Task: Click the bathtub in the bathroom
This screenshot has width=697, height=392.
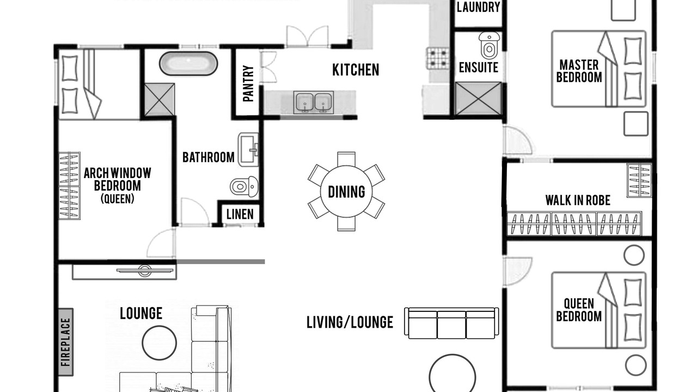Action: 188,64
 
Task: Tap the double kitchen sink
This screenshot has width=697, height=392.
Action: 313,102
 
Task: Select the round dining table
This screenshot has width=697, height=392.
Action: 346,191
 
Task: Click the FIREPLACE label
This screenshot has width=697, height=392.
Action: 66,342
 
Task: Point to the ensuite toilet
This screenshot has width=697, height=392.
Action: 489,45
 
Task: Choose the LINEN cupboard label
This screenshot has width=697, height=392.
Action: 240,215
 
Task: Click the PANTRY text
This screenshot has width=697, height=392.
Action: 248,83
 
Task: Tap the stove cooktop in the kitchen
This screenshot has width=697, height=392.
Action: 438,58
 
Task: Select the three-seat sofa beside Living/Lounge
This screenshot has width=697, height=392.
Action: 451,323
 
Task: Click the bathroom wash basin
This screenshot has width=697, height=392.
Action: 248,150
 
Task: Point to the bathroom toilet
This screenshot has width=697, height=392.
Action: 244,187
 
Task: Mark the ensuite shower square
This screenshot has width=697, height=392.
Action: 478,99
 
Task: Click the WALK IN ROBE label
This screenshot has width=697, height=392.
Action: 578,200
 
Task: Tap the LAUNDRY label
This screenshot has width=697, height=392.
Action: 478,7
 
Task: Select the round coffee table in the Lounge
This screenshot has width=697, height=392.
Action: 160,343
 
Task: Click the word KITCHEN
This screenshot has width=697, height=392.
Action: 356,70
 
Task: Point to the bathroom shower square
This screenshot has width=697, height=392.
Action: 160,100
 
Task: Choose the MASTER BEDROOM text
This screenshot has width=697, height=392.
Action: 579,71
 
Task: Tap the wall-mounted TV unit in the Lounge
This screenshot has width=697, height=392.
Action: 125,272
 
